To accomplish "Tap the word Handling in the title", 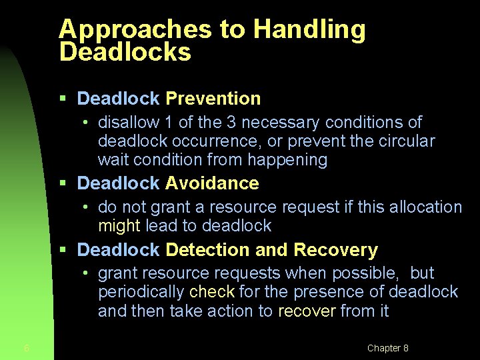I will (x=309, y=30).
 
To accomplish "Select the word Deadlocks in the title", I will (x=125, y=52).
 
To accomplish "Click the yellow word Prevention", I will (x=213, y=99).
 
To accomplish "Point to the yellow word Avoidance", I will (x=212, y=183).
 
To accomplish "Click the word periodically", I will (x=141, y=292).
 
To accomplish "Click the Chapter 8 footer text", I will (x=387, y=348).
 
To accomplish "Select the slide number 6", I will (x=26, y=348).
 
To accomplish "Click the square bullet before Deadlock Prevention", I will (x=63, y=99).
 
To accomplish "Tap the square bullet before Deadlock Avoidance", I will (x=63, y=183).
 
